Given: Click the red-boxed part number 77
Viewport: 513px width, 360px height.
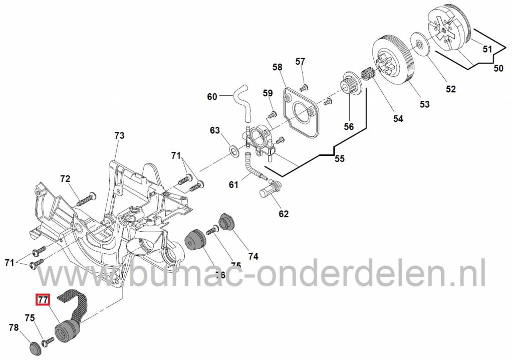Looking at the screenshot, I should (43, 301).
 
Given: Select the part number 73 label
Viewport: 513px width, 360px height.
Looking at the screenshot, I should (119, 135).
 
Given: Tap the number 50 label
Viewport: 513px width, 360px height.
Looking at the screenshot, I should (498, 68).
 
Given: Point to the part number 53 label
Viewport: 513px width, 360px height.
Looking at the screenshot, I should (425, 104).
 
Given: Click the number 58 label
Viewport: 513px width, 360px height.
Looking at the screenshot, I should (278, 67).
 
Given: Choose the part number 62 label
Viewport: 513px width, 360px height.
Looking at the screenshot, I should (284, 214).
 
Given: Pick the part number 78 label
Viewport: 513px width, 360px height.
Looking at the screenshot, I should (14, 327).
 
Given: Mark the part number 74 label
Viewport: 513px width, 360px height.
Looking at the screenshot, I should (253, 256).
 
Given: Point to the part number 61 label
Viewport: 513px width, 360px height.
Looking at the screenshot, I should (233, 185).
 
